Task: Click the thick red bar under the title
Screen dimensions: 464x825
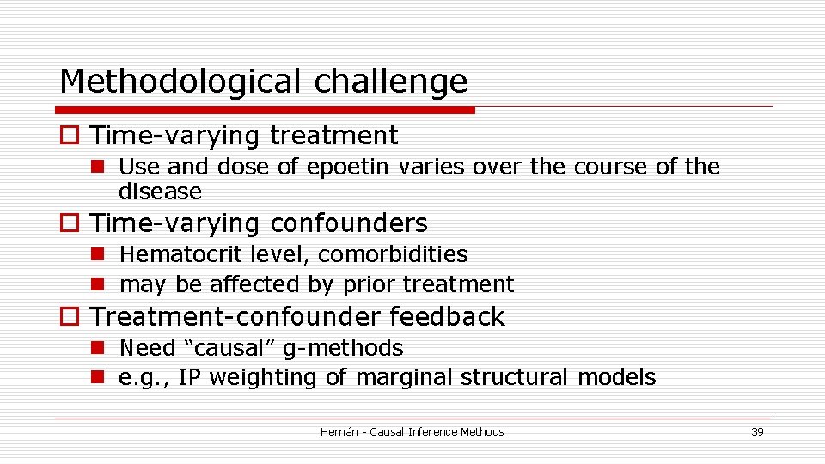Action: [265, 110]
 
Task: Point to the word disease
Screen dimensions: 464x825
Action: [160, 191]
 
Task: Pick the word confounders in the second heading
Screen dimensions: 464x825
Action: [348, 223]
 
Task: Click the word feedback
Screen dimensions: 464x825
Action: [447, 317]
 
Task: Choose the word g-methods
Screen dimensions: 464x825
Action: [351, 348]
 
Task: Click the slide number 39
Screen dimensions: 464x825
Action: [757, 431]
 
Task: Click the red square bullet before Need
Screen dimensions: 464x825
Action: [98, 348]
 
